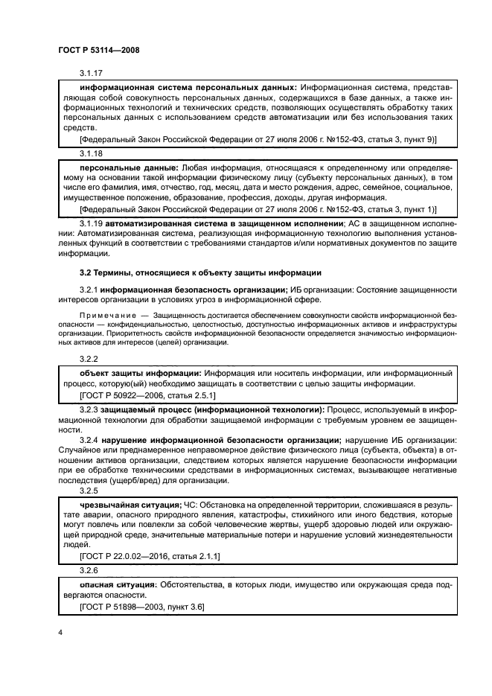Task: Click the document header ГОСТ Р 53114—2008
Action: [x=98, y=50]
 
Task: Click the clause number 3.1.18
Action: [x=92, y=152]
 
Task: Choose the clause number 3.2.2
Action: [x=89, y=358]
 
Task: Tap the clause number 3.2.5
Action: [x=89, y=491]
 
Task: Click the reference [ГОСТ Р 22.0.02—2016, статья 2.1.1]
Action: [x=149, y=557]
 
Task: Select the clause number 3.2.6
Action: [x=89, y=570]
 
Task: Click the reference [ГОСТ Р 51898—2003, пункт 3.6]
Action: [x=141, y=607]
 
